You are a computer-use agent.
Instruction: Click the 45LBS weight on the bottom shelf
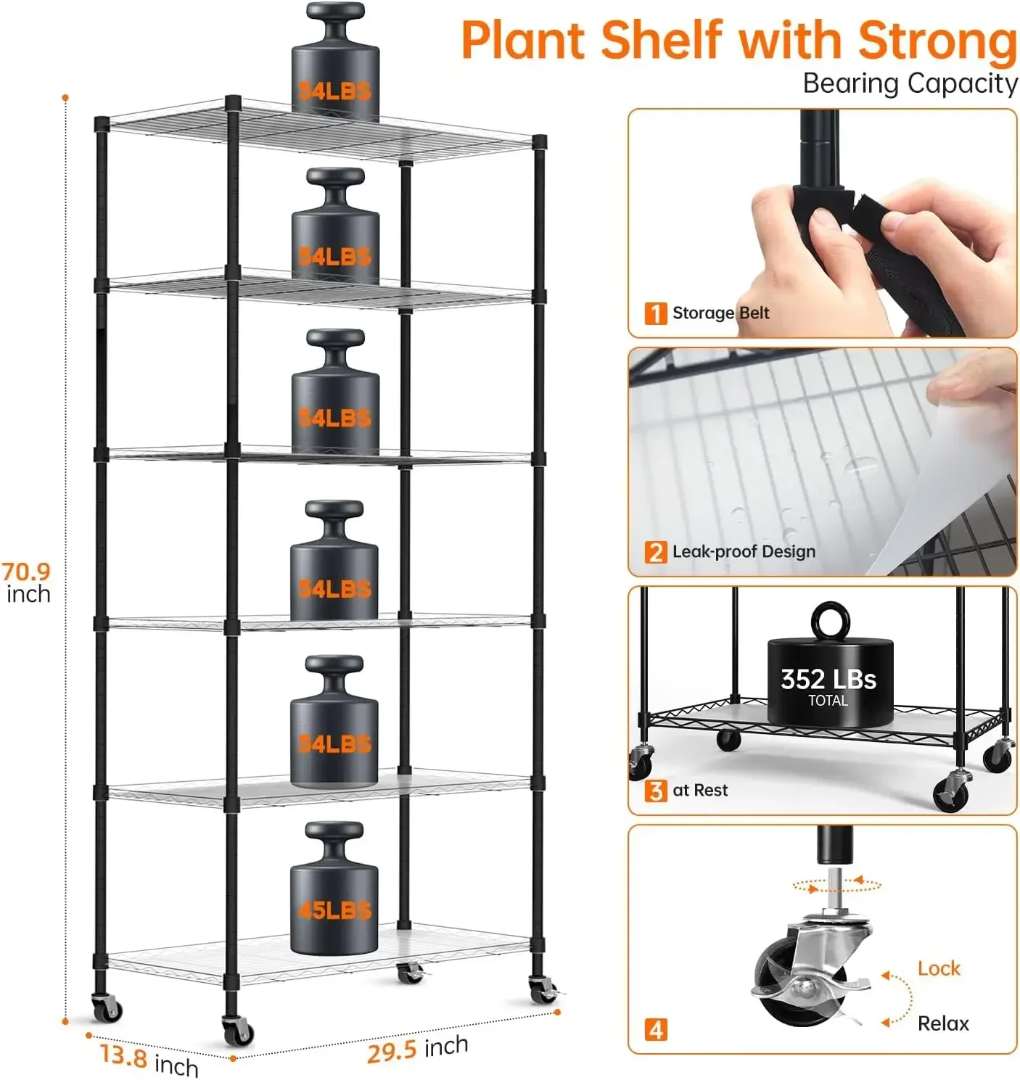click(x=334, y=899)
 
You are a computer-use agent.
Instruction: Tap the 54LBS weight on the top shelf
click(x=334, y=73)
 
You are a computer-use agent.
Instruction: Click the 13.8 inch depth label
click(x=149, y=1060)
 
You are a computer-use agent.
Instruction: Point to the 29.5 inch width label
click(x=417, y=1049)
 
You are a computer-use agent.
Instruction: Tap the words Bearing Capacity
click(x=910, y=83)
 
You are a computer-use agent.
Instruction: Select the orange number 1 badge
click(x=655, y=313)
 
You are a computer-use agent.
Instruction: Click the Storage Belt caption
click(x=720, y=313)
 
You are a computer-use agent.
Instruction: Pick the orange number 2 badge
click(x=655, y=552)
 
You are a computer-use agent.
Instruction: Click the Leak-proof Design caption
click(x=744, y=551)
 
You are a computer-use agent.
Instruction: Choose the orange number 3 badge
click(x=655, y=791)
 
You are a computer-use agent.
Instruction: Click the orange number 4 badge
click(x=655, y=1029)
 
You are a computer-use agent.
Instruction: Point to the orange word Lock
click(x=938, y=968)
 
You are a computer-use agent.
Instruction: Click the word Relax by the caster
click(x=942, y=1023)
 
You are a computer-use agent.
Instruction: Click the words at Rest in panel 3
click(x=699, y=790)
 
